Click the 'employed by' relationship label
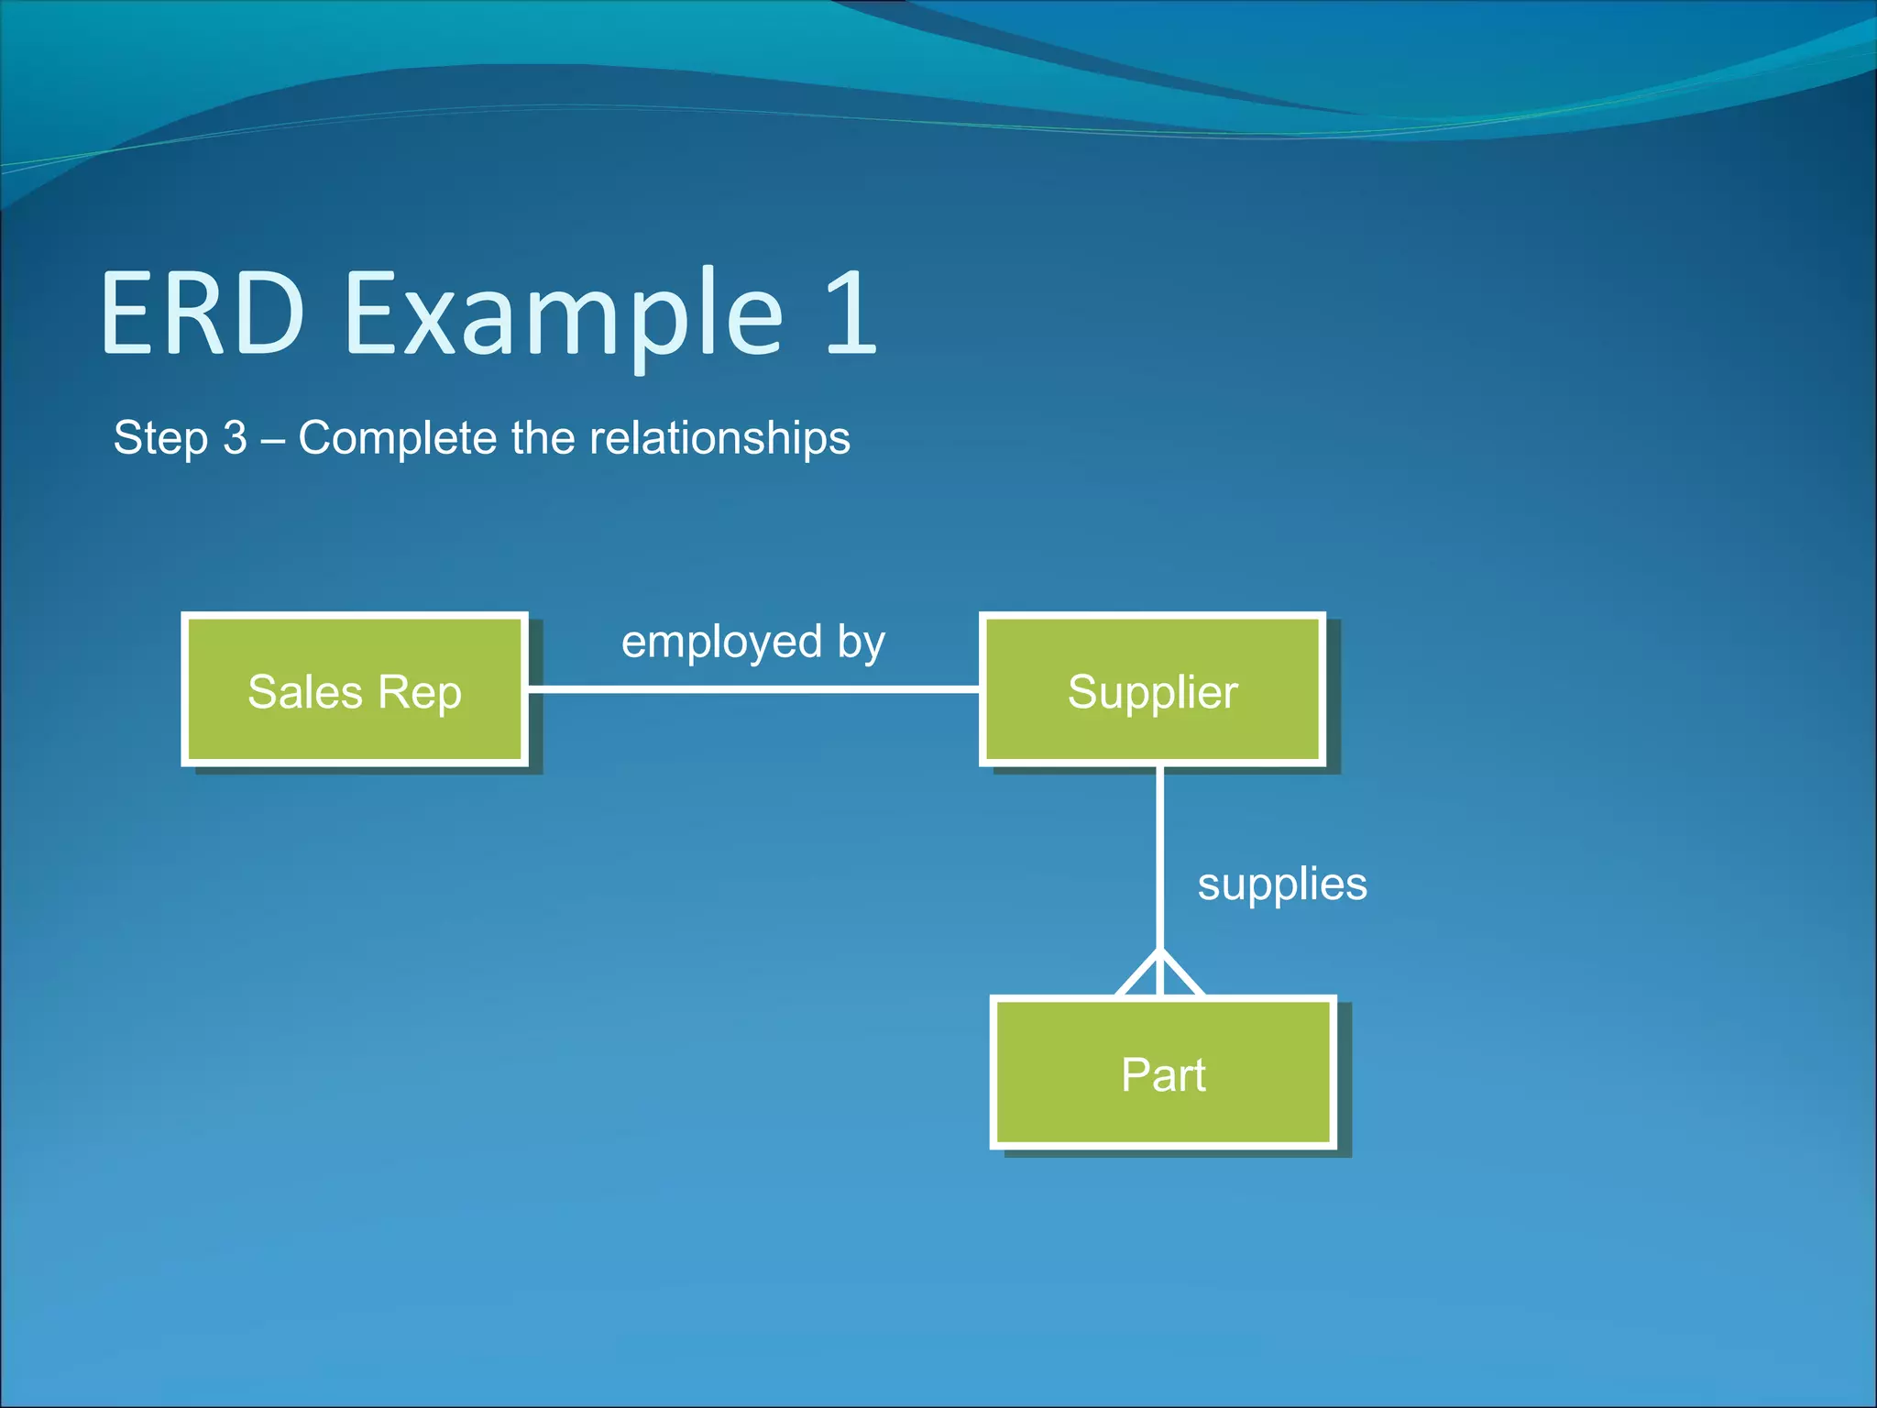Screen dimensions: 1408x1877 752,642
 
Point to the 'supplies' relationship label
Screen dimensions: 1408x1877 1281,885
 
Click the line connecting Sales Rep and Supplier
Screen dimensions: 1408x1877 753,688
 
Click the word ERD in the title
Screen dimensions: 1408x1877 203,313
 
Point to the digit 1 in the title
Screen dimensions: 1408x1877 850,313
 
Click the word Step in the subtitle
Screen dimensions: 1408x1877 160,438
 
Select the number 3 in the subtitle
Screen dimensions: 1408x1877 236,437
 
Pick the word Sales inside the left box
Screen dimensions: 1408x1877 304,692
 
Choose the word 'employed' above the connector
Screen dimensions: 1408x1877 721,643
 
